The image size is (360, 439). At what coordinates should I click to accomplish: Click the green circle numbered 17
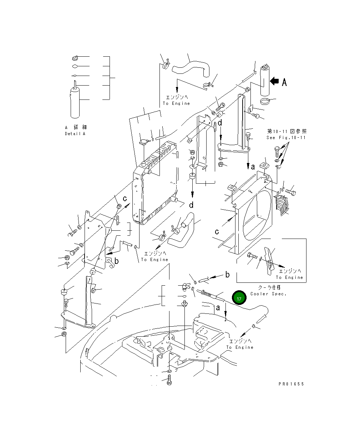tap(239, 298)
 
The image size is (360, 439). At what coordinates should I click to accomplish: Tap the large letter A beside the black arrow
tap(284, 82)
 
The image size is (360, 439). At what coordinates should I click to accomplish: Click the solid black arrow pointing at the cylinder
tap(274, 81)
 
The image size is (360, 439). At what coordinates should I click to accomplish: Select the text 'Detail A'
tap(75, 134)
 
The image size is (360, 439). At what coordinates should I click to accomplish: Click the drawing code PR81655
tap(291, 384)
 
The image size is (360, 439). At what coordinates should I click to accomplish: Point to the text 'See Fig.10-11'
tap(286, 138)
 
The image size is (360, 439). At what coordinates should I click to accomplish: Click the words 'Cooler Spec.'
tap(268, 294)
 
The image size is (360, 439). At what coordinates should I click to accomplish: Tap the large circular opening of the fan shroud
tap(257, 215)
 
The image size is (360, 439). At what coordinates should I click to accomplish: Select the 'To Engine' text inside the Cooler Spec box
tap(289, 277)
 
